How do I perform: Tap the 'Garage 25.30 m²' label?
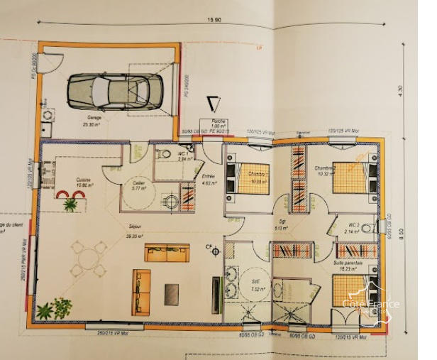[93, 120]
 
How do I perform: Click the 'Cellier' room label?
[139, 185]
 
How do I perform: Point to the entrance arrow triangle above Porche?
[212, 103]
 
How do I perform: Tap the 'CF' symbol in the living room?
[210, 247]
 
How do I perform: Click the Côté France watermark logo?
[371, 305]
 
